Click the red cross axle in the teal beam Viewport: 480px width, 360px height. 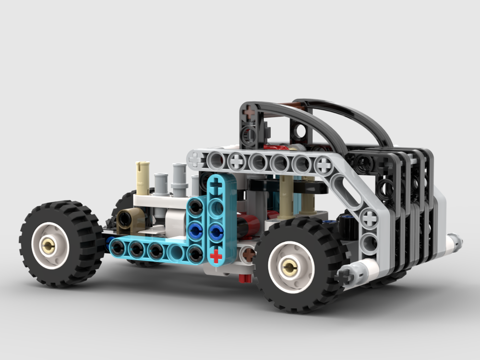[x=216, y=255]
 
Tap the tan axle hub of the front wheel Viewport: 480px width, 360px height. [x=48, y=246]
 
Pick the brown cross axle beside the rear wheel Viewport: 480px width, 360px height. [x=248, y=254]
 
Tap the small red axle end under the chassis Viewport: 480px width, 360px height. [x=245, y=278]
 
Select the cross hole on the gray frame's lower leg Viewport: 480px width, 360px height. [x=369, y=218]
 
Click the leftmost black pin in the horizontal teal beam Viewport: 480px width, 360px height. [x=117, y=248]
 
